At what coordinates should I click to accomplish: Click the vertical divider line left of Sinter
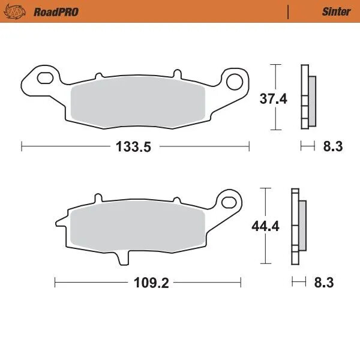pos(289,11)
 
